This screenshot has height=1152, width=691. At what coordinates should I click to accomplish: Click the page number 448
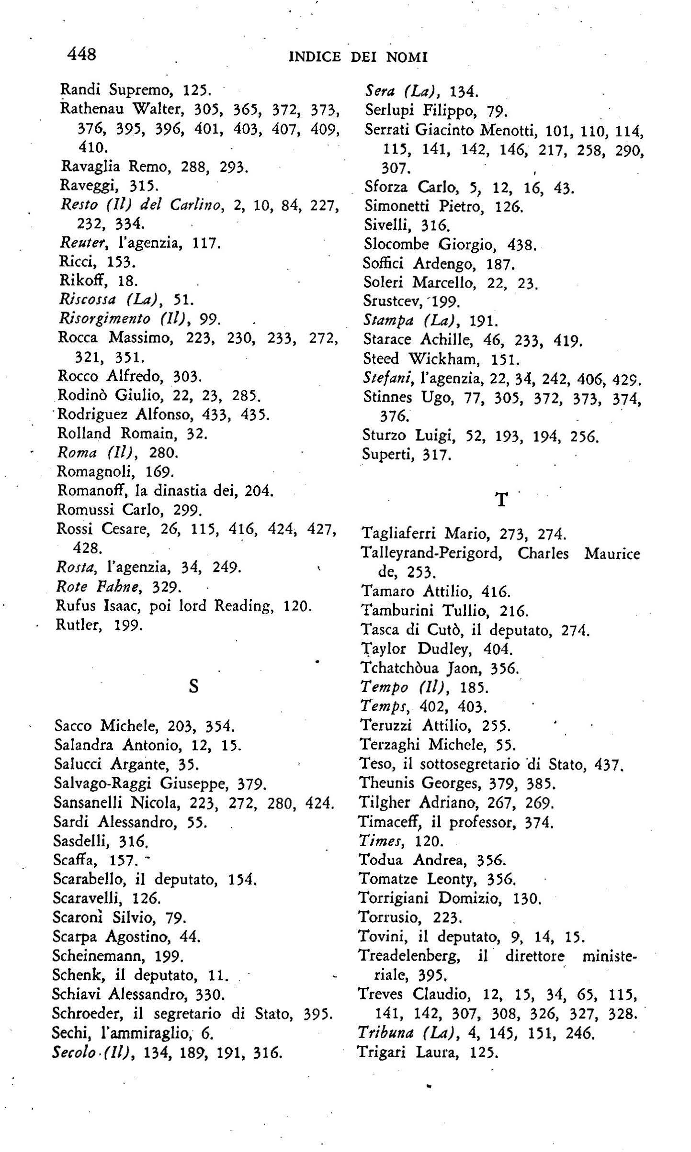coord(82,54)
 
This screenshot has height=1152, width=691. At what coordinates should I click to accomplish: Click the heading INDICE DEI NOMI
coord(358,57)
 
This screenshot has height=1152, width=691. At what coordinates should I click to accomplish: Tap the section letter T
coord(501,500)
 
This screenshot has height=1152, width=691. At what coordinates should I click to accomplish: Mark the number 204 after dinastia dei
coord(258,491)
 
